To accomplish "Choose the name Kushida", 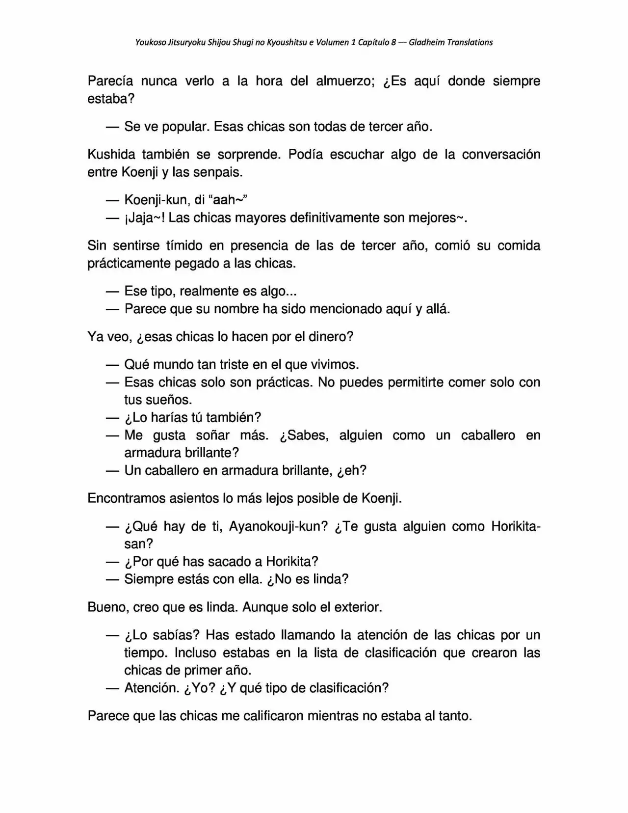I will [110, 155].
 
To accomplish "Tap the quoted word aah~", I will [227, 200].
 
